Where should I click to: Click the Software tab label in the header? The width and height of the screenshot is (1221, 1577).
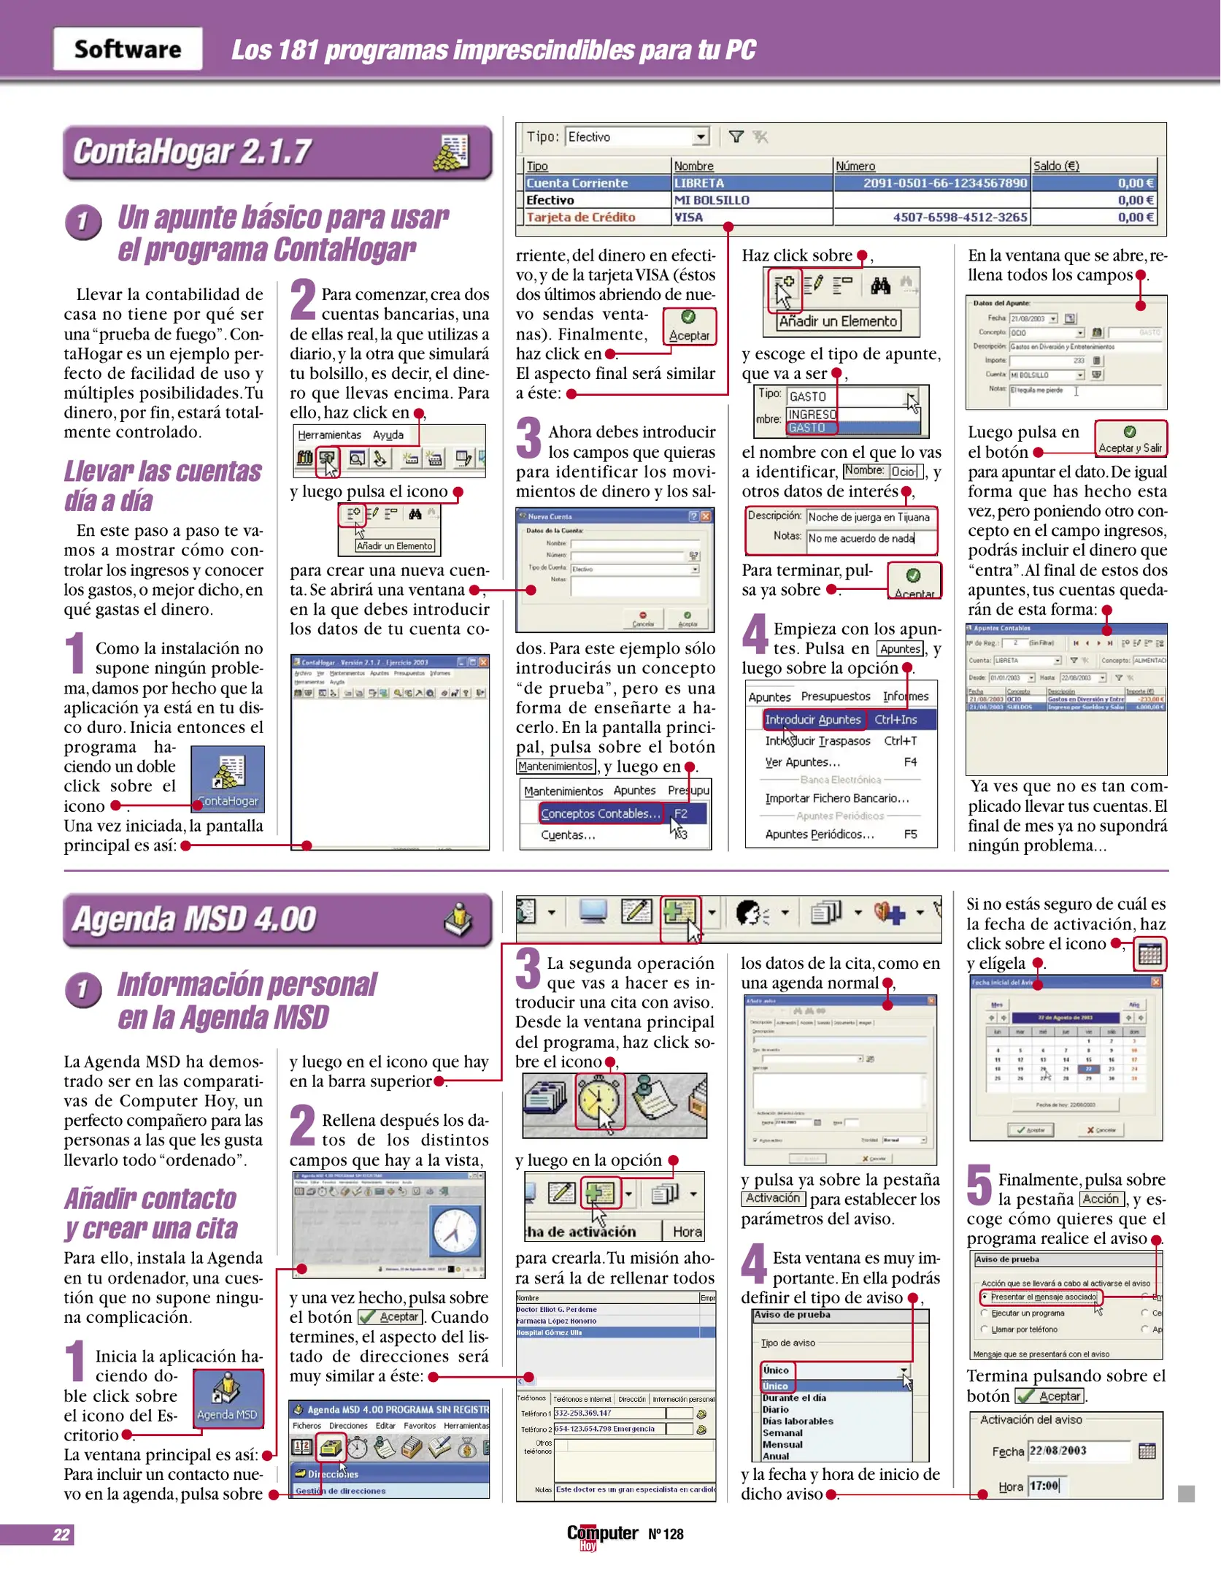coord(128,49)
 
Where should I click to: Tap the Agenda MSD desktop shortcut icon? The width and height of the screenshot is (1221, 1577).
coord(227,1397)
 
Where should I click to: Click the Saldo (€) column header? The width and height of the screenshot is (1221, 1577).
coord(1055,166)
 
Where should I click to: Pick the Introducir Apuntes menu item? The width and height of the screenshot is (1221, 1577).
coord(813,720)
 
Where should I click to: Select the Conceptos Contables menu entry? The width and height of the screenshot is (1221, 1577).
coord(600,813)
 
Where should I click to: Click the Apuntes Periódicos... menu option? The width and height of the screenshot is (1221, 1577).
coord(819,834)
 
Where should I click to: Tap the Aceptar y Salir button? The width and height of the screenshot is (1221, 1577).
coord(1130,440)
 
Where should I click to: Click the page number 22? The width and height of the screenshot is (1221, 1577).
coord(61,1534)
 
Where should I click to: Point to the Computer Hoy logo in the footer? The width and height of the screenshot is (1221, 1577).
coord(602,1535)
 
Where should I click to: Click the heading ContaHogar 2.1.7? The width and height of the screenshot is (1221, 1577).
coord(193,152)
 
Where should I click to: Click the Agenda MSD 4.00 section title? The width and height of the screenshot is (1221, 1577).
coord(194,919)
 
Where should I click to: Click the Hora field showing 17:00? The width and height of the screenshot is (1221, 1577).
coord(1044,1486)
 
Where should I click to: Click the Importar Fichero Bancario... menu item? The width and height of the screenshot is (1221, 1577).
coord(837,799)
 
